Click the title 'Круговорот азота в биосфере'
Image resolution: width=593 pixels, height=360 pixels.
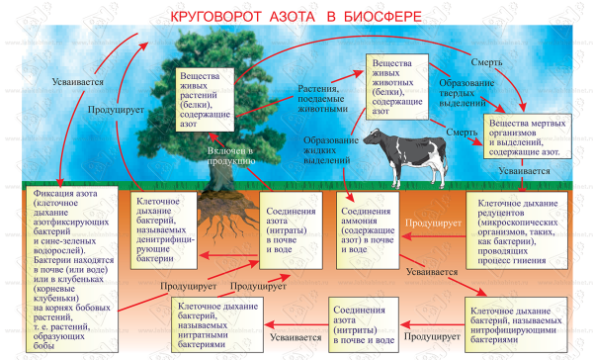pos(296,17)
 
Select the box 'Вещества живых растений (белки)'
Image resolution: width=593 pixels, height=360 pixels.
pos(206,97)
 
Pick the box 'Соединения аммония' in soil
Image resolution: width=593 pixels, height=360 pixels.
pos(368,228)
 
